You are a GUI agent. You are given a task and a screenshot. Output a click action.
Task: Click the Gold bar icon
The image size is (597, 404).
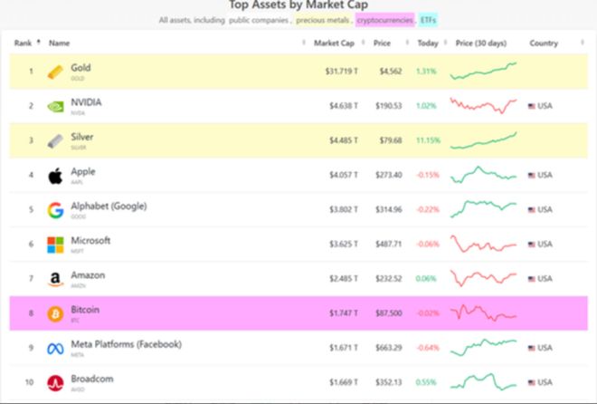pos(56,71)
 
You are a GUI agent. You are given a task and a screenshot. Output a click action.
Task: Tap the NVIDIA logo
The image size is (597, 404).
pos(56,106)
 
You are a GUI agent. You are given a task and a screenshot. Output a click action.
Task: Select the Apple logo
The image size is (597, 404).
pos(56,175)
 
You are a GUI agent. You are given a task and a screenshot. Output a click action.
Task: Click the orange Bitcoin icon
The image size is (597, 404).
pos(56,313)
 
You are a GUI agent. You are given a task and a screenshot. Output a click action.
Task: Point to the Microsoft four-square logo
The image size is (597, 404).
pos(56,245)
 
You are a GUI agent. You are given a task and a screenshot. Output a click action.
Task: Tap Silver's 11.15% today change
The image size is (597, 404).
pos(428,140)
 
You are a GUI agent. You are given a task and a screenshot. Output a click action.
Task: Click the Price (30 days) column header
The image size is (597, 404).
pos(480,43)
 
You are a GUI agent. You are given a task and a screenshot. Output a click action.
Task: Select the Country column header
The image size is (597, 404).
pos(544,43)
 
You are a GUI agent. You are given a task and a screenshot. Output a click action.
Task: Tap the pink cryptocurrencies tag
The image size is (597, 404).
pos(384,19)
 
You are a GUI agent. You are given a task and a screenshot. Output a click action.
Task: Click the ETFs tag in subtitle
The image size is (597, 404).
pos(428,19)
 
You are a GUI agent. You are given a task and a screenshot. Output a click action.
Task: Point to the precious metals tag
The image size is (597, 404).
pos(322,19)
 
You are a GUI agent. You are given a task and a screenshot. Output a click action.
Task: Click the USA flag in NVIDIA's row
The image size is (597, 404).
pos(533,106)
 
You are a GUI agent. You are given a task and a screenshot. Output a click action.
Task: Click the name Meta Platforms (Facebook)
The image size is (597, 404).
pos(126,344)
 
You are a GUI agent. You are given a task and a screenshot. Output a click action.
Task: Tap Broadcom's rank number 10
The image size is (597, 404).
pos(29,382)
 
